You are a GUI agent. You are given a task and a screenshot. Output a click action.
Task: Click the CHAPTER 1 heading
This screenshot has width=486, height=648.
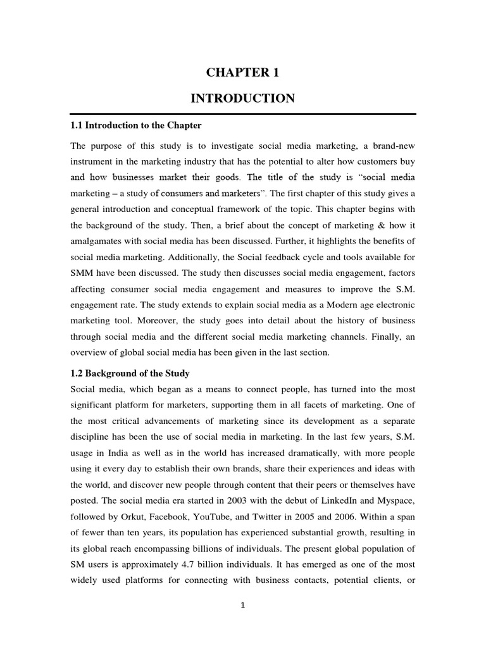(x=242, y=73)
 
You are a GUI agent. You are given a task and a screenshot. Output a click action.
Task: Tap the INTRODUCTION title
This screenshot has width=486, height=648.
(x=242, y=98)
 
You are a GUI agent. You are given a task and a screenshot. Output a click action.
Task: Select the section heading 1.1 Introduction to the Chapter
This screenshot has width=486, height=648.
(x=135, y=125)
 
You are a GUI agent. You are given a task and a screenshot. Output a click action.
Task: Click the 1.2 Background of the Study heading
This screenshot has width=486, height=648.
(x=130, y=373)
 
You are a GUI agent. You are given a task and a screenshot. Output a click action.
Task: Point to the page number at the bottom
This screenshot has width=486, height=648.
(x=242, y=605)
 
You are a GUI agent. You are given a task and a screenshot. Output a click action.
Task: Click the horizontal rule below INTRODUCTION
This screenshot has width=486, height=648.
(x=242, y=114)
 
